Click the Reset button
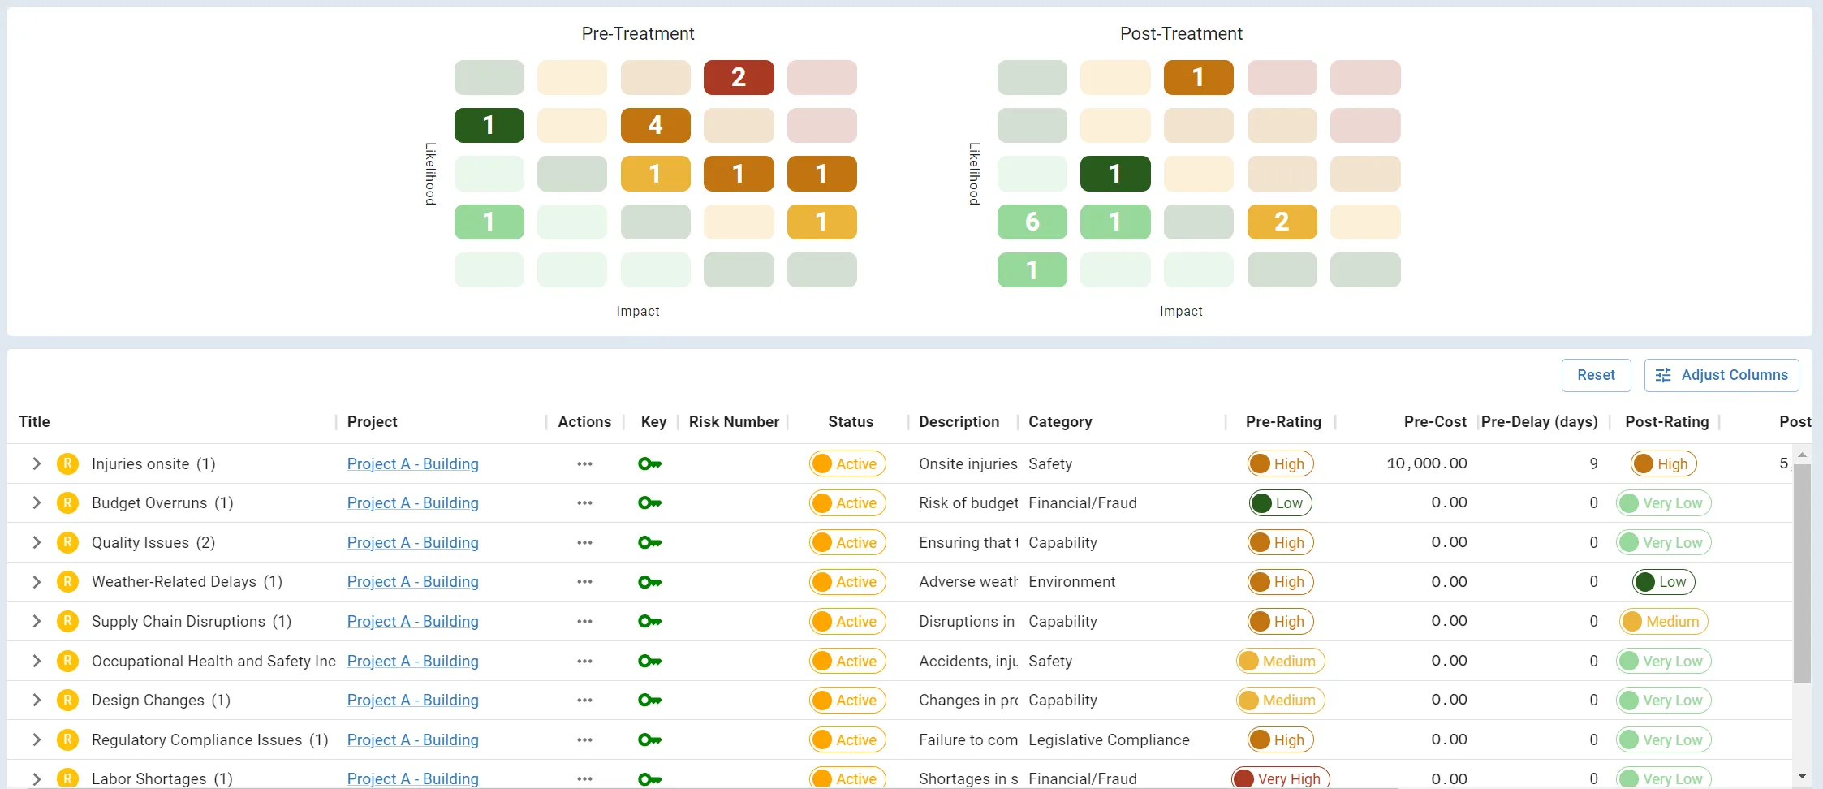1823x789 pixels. click(1595, 375)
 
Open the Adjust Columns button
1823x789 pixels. click(1721, 375)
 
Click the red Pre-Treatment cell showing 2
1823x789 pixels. click(738, 78)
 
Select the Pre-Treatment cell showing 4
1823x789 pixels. click(655, 126)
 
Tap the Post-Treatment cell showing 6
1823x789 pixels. click(1032, 222)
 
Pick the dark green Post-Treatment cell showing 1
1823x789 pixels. click(1114, 174)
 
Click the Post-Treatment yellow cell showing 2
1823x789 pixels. click(1281, 222)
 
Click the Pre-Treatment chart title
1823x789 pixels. click(637, 34)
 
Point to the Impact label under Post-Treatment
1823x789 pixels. click(1180, 312)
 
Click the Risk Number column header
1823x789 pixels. click(733, 422)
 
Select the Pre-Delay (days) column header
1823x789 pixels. click(1538, 422)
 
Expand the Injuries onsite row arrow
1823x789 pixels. click(37, 464)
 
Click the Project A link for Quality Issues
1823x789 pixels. click(412, 543)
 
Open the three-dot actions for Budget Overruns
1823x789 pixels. click(584, 503)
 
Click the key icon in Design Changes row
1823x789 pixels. click(649, 701)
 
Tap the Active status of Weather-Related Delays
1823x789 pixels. click(847, 582)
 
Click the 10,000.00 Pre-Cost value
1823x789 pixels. click(1426, 463)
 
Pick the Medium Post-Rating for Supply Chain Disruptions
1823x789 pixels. click(1663, 622)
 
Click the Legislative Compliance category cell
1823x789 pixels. click(1108, 740)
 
